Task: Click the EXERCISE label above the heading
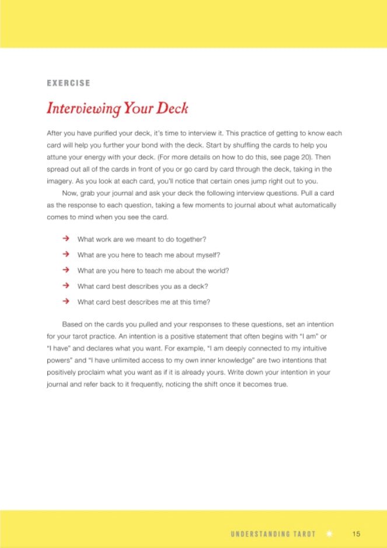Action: click(x=68, y=83)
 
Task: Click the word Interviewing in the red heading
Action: click(x=84, y=109)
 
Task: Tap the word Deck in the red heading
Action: click(x=172, y=109)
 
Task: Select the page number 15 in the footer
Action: click(x=356, y=533)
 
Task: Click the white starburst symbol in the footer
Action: click(x=328, y=533)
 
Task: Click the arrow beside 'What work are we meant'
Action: click(x=65, y=239)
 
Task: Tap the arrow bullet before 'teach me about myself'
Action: click(x=65, y=254)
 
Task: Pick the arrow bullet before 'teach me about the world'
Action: click(x=65, y=270)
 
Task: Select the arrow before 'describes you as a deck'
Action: click(x=65, y=286)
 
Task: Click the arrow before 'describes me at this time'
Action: click(x=65, y=302)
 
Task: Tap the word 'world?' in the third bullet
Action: click(x=217, y=271)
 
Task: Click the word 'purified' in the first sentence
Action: click(x=110, y=134)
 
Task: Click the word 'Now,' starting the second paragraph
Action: click(x=70, y=193)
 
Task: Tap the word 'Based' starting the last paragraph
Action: click(x=71, y=324)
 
